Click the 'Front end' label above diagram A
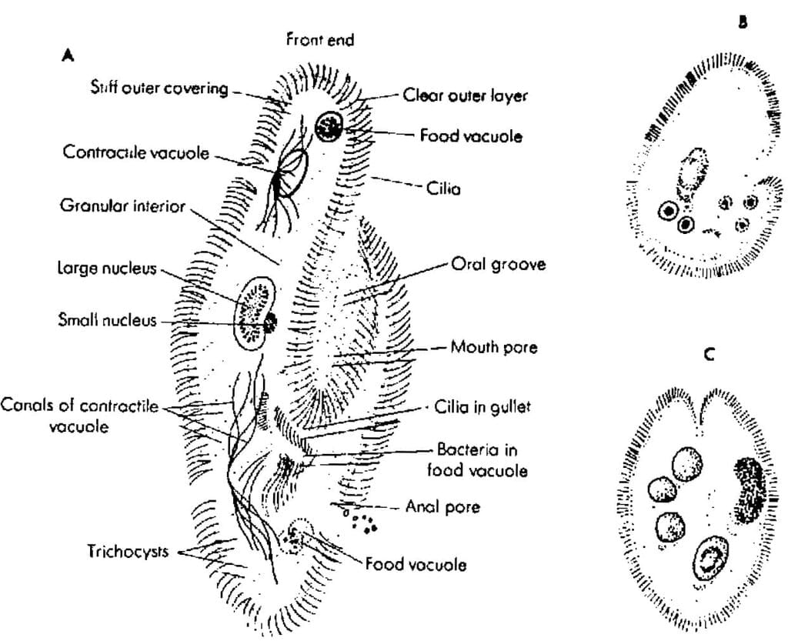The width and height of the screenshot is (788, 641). coord(319,39)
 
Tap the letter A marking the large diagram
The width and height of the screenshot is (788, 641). coord(68,55)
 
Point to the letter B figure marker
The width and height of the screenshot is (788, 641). coord(743,22)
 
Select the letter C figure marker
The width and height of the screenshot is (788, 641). coord(709,355)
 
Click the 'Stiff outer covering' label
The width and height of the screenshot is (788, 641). coord(159,88)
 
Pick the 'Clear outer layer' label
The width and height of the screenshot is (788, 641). coord(466,95)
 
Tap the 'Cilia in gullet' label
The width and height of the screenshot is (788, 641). coord(482,406)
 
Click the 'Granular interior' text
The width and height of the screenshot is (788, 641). coord(122,205)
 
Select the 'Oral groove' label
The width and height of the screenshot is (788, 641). coord(498,264)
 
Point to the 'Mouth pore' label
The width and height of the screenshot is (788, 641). coord(494,346)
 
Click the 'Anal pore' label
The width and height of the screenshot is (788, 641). coord(442,506)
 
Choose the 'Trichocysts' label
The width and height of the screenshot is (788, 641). coord(128,551)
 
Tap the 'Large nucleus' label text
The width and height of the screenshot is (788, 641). coord(107,269)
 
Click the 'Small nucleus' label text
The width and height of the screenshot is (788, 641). coord(107,320)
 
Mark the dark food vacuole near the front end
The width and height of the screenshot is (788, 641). coord(329,126)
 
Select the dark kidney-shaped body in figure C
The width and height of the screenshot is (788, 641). coord(750,491)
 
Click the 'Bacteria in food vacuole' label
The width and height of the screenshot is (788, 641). coord(477,459)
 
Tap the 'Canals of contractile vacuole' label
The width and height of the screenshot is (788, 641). coord(79,416)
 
